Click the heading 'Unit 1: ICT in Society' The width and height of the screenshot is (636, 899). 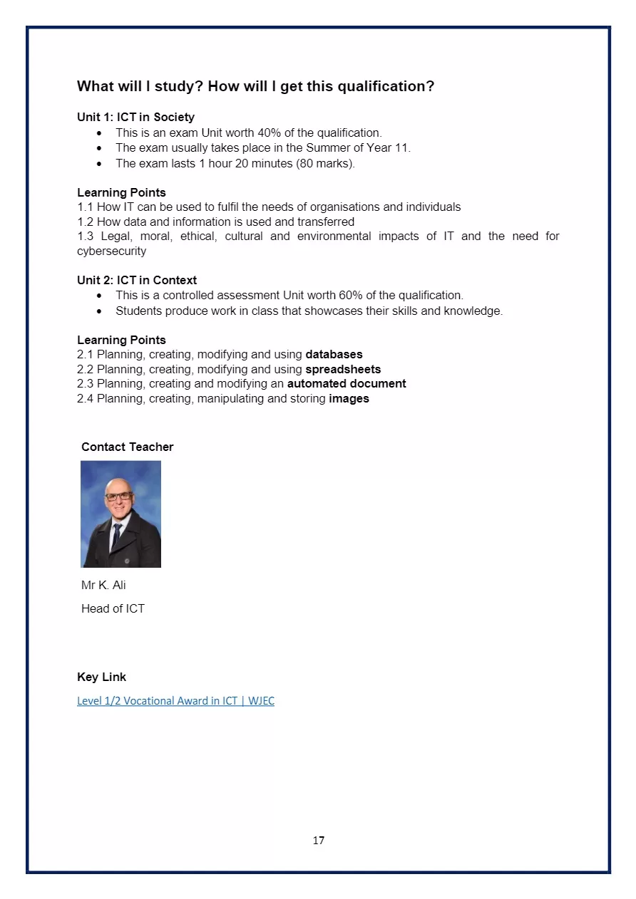click(135, 117)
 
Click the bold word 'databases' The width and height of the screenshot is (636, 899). click(334, 354)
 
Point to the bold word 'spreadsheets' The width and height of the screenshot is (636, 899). click(343, 369)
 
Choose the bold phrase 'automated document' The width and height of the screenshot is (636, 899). click(347, 383)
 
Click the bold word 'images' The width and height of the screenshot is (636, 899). click(349, 398)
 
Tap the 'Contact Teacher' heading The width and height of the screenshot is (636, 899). click(127, 447)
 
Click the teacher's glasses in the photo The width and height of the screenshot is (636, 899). click(119, 496)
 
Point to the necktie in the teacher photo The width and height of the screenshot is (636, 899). click(117, 534)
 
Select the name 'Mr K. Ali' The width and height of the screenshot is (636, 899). click(103, 585)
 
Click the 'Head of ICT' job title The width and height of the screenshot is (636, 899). click(113, 608)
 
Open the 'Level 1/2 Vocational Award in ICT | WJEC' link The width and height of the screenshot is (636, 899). click(175, 700)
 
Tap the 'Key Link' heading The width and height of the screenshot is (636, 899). click(101, 677)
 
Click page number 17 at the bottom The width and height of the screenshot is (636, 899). click(318, 841)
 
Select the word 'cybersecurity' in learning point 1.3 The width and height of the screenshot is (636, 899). click(111, 251)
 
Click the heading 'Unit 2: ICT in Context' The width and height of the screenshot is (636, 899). click(137, 280)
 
